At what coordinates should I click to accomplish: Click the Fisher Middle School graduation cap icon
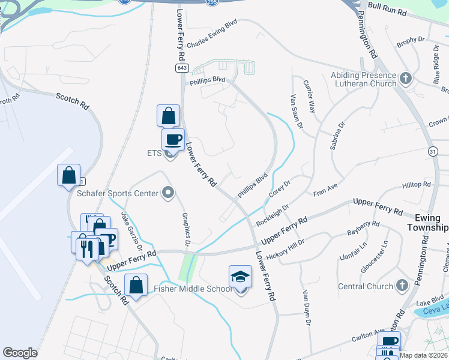[240, 277]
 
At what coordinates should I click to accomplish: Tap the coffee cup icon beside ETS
[173, 140]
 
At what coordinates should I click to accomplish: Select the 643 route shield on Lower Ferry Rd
[181, 68]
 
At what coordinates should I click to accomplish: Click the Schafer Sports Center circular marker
[167, 193]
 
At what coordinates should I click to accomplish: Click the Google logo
[20, 353]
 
